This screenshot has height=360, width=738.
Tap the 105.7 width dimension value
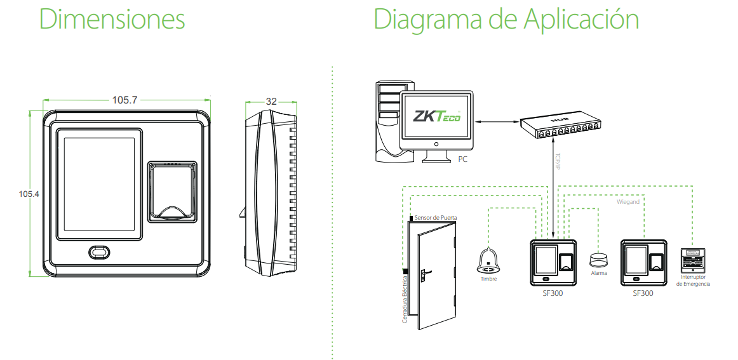coord(125,100)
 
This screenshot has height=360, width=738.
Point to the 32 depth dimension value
coord(271,102)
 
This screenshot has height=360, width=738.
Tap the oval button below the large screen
coord(99,252)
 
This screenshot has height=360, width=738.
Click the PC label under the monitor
coord(462,159)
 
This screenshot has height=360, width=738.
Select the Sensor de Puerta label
coord(435,218)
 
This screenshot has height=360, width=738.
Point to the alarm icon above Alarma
coord(598,259)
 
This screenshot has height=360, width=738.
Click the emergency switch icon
coord(692,260)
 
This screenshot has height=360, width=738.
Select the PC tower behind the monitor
coord(387,117)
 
